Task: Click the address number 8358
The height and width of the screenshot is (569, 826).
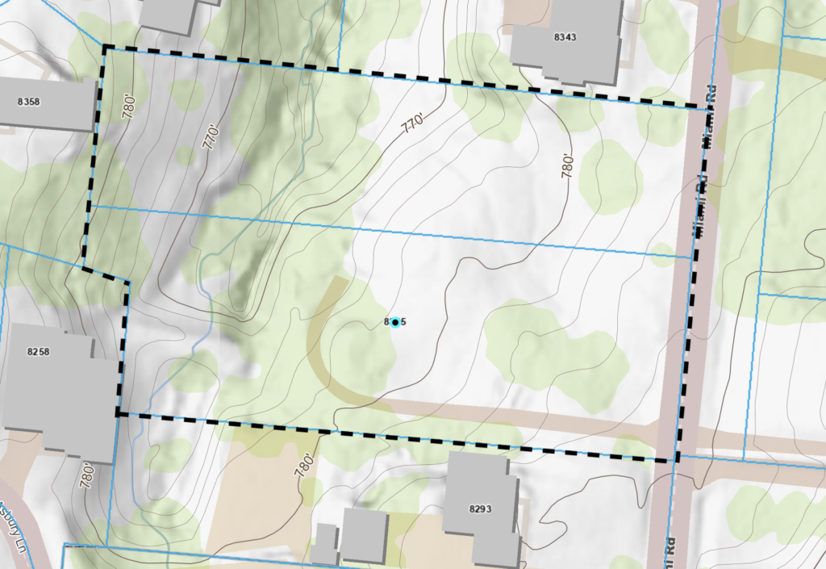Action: [28, 102]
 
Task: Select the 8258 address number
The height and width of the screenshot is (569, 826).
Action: [38, 352]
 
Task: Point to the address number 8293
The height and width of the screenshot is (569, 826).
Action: [480, 508]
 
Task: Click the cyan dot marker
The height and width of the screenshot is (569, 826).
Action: [394, 323]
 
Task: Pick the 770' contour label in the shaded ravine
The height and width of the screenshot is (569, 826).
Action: [211, 137]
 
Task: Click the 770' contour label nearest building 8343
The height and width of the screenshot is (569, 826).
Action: [411, 123]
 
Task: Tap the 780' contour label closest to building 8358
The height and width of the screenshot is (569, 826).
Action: [129, 107]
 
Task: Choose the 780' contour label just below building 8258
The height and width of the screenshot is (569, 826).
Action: [86, 474]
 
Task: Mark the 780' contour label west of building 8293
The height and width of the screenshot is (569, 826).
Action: [303, 466]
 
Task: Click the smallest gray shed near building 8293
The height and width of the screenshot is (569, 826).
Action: [324, 544]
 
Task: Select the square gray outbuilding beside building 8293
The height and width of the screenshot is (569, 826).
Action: [364, 535]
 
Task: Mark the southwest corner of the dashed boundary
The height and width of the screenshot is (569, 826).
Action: [118, 414]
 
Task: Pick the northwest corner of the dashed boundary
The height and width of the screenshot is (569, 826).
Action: [104, 48]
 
